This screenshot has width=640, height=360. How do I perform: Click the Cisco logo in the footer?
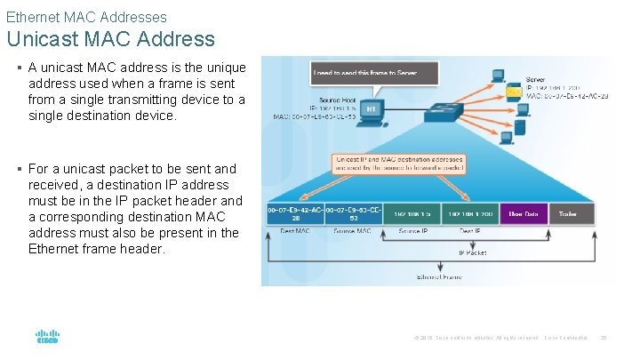46,338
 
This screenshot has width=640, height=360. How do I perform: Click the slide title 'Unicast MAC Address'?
110,39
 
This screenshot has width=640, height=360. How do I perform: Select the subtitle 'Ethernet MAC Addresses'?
86,16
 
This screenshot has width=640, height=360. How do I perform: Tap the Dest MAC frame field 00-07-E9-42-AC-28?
295,213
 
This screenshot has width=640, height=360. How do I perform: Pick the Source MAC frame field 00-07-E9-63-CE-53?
353,213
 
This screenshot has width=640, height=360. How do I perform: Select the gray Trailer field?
566,213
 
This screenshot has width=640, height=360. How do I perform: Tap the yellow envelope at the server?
514,92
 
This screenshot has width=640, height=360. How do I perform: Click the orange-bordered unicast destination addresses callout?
398,164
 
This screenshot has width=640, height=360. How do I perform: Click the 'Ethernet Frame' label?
439,276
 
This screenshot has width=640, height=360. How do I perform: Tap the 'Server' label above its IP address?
536,79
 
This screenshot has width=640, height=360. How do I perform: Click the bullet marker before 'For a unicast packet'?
19,169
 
